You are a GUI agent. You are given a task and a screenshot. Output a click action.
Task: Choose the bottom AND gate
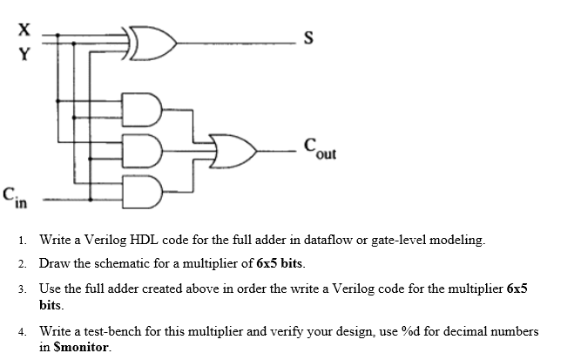(x=143, y=187)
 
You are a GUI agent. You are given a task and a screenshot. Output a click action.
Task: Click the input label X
(x=25, y=29)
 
